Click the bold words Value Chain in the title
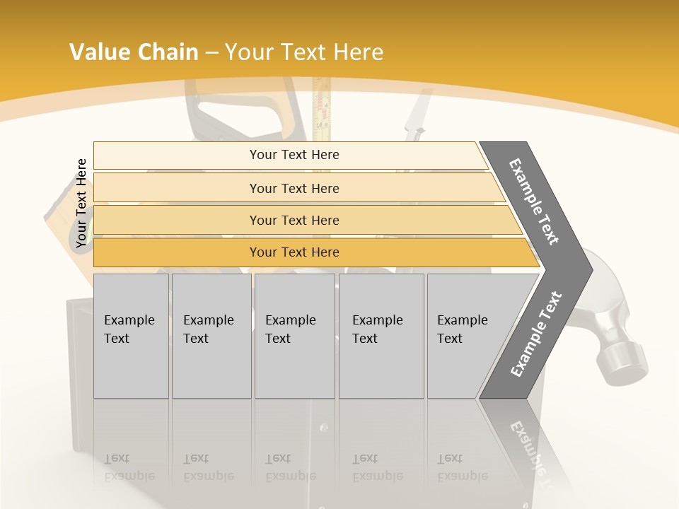[134, 52]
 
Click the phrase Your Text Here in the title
[304, 52]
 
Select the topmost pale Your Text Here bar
[294, 155]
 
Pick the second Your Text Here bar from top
[294, 188]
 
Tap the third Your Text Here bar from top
[294, 220]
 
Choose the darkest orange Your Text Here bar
[294, 252]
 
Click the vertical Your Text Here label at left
[81, 203]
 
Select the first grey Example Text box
[131, 335]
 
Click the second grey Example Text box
[211, 335]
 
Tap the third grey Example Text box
[294, 335]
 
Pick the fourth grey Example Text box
[381, 335]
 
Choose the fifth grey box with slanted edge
[467, 335]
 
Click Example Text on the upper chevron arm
[535, 201]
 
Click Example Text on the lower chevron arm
[535, 334]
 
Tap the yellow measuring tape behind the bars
[322, 113]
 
